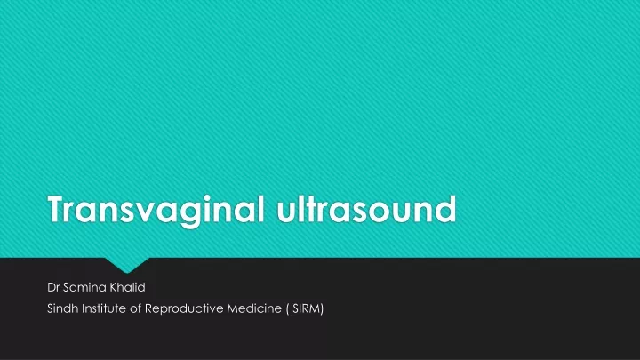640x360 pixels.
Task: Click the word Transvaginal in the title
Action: click(x=156, y=210)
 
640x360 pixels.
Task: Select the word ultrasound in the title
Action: click(x=366, y=209)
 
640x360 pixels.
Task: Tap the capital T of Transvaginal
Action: click(x=58, y=209)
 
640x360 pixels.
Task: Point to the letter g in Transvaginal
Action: click(x=190, y=214)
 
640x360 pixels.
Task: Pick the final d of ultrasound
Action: click(x=445, y=209)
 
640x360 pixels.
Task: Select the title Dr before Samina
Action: click(x=53, y=287)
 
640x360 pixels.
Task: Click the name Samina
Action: click(x=84, y=287)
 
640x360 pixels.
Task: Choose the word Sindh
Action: click(x=63, y=308)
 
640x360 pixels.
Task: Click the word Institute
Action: click(x=104, y=308)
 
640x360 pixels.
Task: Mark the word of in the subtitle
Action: click(x=135, y=308)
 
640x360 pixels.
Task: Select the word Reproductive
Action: click(x=184, y=308)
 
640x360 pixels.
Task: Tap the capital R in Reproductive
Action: click(x=148, y=308)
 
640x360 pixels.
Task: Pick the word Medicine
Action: click(x=254, y=308)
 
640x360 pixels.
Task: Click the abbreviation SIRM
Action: click(x=308, y=308)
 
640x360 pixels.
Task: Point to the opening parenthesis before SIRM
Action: click(x=287, y=309)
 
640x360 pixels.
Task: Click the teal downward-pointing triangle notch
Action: click(x=127, y=264)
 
